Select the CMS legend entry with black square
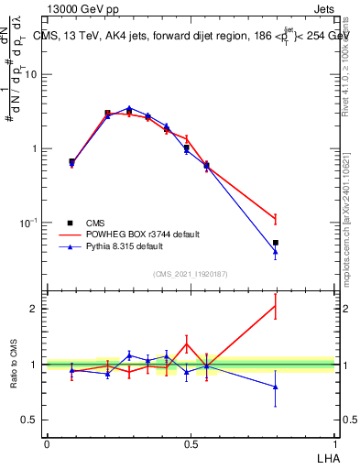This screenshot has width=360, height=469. click(91, 223)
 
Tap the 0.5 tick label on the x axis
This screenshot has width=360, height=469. click(191, 443)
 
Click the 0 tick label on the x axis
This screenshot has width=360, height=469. click(47, 443)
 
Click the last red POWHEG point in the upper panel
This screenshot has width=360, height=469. click(275, 218)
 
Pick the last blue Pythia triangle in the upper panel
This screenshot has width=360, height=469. click(275, 252)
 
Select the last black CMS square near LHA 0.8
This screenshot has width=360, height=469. click(275, 243)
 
